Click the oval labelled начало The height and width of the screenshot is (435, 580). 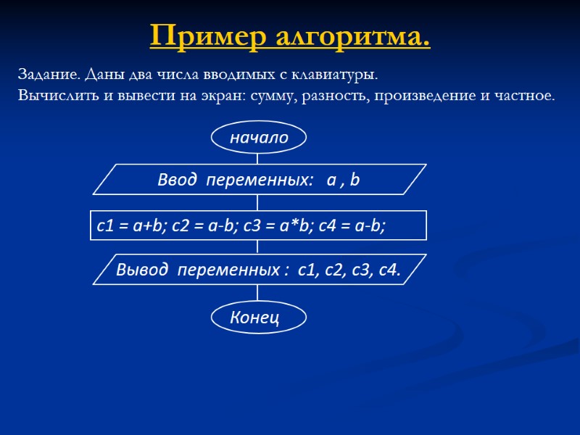pos(259,137)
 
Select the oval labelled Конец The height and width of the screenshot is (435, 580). pos(258,317)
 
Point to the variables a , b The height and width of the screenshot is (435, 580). pos(343,181)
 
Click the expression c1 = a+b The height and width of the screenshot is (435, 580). pos(128,226)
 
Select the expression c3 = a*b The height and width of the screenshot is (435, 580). pos(278,226)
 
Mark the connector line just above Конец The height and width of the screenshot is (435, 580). pos(258,294)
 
